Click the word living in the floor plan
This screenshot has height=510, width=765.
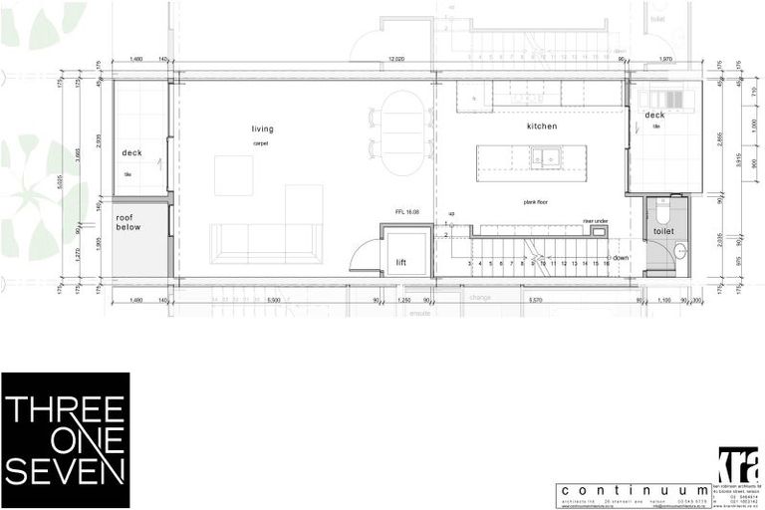262,129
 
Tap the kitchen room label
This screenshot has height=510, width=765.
542,127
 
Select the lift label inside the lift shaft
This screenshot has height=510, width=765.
400,263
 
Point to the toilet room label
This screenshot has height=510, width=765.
663,230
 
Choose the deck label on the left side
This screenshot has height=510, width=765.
132,152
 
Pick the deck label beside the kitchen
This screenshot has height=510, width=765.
653,116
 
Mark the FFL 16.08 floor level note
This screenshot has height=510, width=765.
409,212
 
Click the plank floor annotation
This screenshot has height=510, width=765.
538,201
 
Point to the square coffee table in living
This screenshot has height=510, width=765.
234,175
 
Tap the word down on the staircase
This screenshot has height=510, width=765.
621,257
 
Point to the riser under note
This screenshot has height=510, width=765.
596,221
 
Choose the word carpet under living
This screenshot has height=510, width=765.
261,143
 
